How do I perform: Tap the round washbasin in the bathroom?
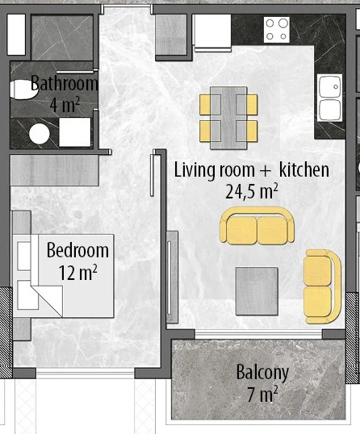coord(40,134)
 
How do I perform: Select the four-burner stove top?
coord(277,30)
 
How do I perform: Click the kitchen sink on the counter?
coord(329,98)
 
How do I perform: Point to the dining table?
coord(228,118)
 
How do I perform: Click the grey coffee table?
coord(257,291)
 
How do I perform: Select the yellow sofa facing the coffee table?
coord(257,226)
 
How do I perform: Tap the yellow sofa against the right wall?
coord(322,286)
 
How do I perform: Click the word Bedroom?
coord(77,251)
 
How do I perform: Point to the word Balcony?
coord(262,373)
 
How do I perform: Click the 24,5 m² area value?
coord(252,191)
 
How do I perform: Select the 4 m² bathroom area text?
coord(65,105)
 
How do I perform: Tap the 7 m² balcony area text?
coord(262,394)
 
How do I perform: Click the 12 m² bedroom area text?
coord(77,273)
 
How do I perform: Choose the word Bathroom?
coord(65,83)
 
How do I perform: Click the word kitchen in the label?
coord(304,169)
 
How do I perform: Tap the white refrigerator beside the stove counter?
coord(212,32)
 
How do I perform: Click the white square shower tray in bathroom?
coord(75,132)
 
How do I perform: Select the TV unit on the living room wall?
coord(172,277)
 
